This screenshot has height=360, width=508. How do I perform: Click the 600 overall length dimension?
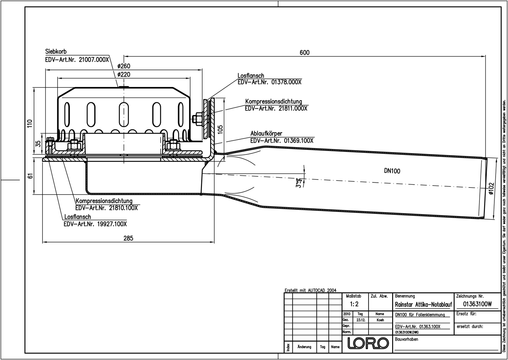[304, 52]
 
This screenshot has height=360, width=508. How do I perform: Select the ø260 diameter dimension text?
[124, 66]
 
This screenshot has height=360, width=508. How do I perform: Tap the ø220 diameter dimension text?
[124, 75]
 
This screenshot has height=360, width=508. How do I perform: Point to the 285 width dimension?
[128, 238]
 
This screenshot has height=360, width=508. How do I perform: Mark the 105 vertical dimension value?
[220, 129]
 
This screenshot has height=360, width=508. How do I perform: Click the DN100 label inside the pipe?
[392, 171]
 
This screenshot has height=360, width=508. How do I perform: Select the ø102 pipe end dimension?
[491, 189]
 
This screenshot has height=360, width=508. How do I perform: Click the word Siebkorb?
[56, 51]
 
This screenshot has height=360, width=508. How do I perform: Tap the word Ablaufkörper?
[266, 133]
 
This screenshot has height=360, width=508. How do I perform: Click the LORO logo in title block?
[368, 343]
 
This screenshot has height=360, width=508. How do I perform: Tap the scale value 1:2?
[354, 304]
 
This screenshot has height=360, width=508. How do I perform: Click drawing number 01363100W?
[477, 304]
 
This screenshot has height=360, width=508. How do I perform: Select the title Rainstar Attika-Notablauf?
[423, 305]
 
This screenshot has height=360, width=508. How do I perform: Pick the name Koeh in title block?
[380, 320]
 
